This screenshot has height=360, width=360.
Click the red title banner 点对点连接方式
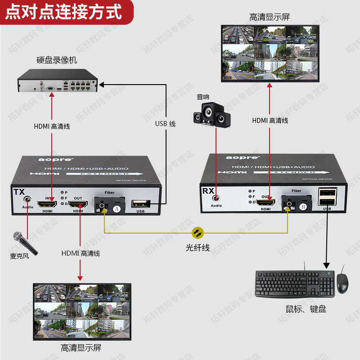(x=63, y=12)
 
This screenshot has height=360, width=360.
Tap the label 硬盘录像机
(x=57, y=60)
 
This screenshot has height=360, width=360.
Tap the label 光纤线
(x=198, y=247)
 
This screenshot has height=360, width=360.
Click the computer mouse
(x=342, y=283)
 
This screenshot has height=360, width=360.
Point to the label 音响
(x=203, y=97)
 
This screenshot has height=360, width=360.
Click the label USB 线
(x=165, y=124)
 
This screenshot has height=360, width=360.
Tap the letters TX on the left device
(x=19, y=192)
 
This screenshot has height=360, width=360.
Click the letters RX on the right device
(x=208, y=191)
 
